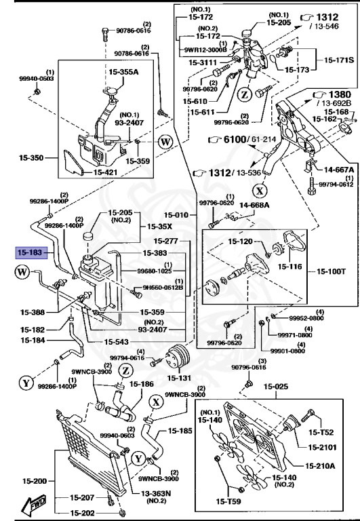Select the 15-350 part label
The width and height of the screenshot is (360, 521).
31,158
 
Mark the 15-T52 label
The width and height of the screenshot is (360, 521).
322,432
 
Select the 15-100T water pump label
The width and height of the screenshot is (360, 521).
332,272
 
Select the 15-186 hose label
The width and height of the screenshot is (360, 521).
142,384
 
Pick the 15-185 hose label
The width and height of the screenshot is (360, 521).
181,430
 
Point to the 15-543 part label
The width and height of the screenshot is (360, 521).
117,341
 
